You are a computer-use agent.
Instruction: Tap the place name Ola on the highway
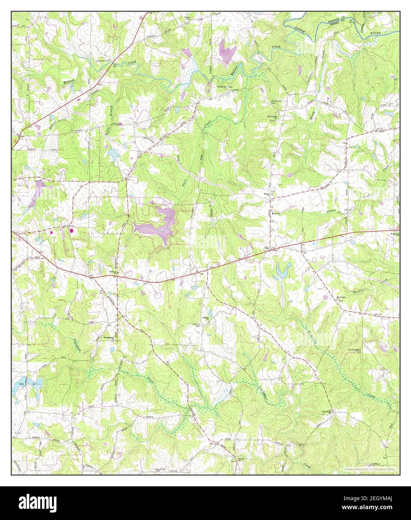pos(267,248)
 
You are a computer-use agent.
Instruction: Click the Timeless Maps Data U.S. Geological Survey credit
pos(370,469)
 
